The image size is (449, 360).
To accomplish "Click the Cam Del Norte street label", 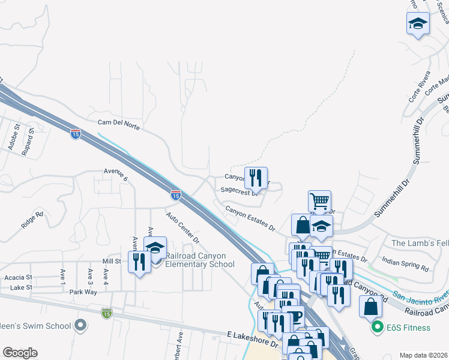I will click(119, 124).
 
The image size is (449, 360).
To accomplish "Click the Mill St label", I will click(112, 262).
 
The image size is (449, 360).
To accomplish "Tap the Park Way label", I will click(83, 292).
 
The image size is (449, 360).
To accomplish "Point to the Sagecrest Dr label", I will click(239, 191).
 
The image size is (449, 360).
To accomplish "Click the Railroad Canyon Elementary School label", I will click(199, 260).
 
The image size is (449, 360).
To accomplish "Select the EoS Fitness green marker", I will click(378, 328).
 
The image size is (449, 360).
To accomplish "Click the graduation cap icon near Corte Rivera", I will click(418, 25).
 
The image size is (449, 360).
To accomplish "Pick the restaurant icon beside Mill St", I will click(139, 262).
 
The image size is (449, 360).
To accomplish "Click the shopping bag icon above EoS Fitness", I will click(371, 306).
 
